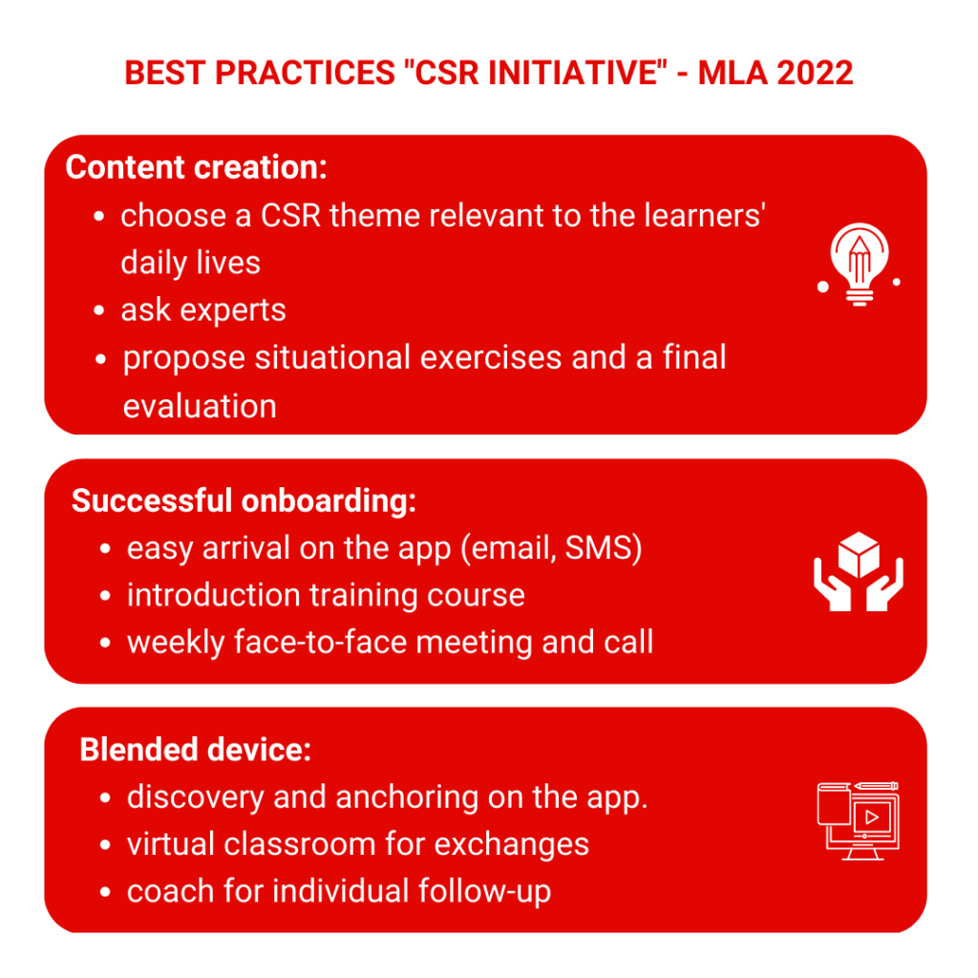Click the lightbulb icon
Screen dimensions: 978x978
(x=859, y=265)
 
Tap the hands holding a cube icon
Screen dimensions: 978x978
(x=859, y=571)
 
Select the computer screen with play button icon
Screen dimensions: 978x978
(x=859, y=820)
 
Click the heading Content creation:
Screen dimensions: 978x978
(x=197, y=167)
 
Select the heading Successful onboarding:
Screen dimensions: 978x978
(x=244, y=500)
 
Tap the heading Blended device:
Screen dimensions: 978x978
(x=195, y=749)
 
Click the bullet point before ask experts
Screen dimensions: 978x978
(x=98, y=310)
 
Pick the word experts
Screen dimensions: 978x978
(x=233, y=311)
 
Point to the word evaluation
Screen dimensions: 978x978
(x=200, y=406)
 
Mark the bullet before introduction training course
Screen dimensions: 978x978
(x=105, y=596)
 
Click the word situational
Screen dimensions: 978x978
(x=330, y=358)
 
